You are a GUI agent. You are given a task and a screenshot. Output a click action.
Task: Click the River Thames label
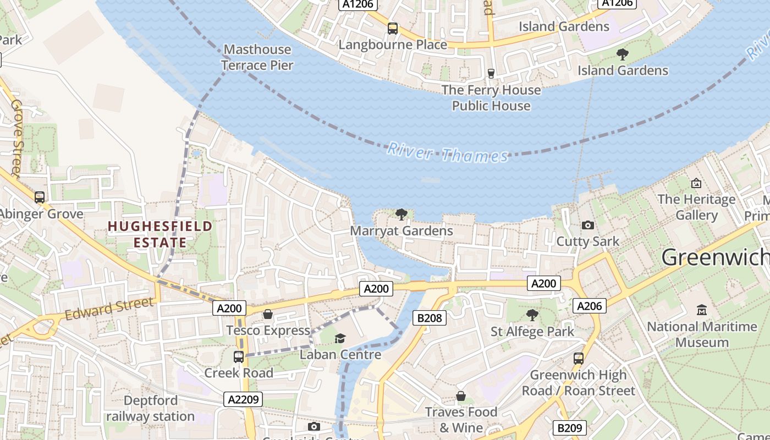click(x=448, y=153)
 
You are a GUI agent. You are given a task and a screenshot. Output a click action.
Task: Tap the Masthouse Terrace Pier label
click(x=257, y=57)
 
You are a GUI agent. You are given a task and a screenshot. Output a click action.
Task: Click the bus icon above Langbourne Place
click(x=393, y=29)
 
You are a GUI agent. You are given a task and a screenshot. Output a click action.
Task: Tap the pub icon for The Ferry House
click(x=491, y=73)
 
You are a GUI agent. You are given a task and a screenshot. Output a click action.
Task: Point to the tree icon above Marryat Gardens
click(x=402, y=214)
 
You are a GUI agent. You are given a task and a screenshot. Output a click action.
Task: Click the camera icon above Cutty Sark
click(x=588, y=225)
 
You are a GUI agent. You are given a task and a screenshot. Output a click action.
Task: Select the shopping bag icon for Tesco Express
click(x=268, y=314)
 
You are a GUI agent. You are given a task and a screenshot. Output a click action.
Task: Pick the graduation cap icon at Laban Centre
click(x=340, y=338)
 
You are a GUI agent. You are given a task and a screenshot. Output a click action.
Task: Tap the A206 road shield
click(x=590, y=306)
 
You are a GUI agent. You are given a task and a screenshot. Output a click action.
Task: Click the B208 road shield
click(x=430, y=317)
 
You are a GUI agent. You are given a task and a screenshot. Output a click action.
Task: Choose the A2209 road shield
click(x=243, y=399)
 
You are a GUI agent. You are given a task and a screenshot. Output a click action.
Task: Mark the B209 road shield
click(x=569, y=427)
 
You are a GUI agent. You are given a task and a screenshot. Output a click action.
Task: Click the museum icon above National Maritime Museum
click(x=702, y=310)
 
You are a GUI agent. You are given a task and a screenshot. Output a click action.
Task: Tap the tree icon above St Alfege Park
click(x=532, y=315)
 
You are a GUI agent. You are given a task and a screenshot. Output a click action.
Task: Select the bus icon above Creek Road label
click(x=239, y=356)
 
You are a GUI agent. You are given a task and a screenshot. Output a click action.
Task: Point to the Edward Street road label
click(x=109, y=309)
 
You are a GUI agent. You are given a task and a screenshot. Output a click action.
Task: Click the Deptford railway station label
click(x=150, y=408)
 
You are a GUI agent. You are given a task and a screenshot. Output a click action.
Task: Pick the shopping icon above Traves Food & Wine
click(x=461, y=396)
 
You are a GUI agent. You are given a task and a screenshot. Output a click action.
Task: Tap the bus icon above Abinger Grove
click(x=40, y=197)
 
